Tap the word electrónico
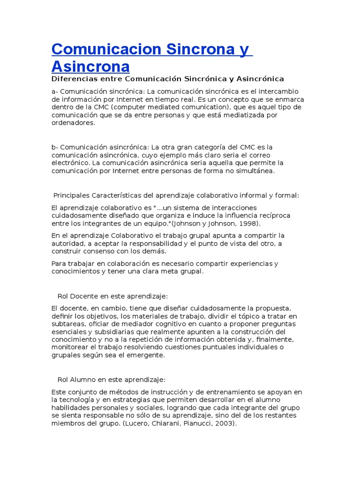point(70,163)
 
